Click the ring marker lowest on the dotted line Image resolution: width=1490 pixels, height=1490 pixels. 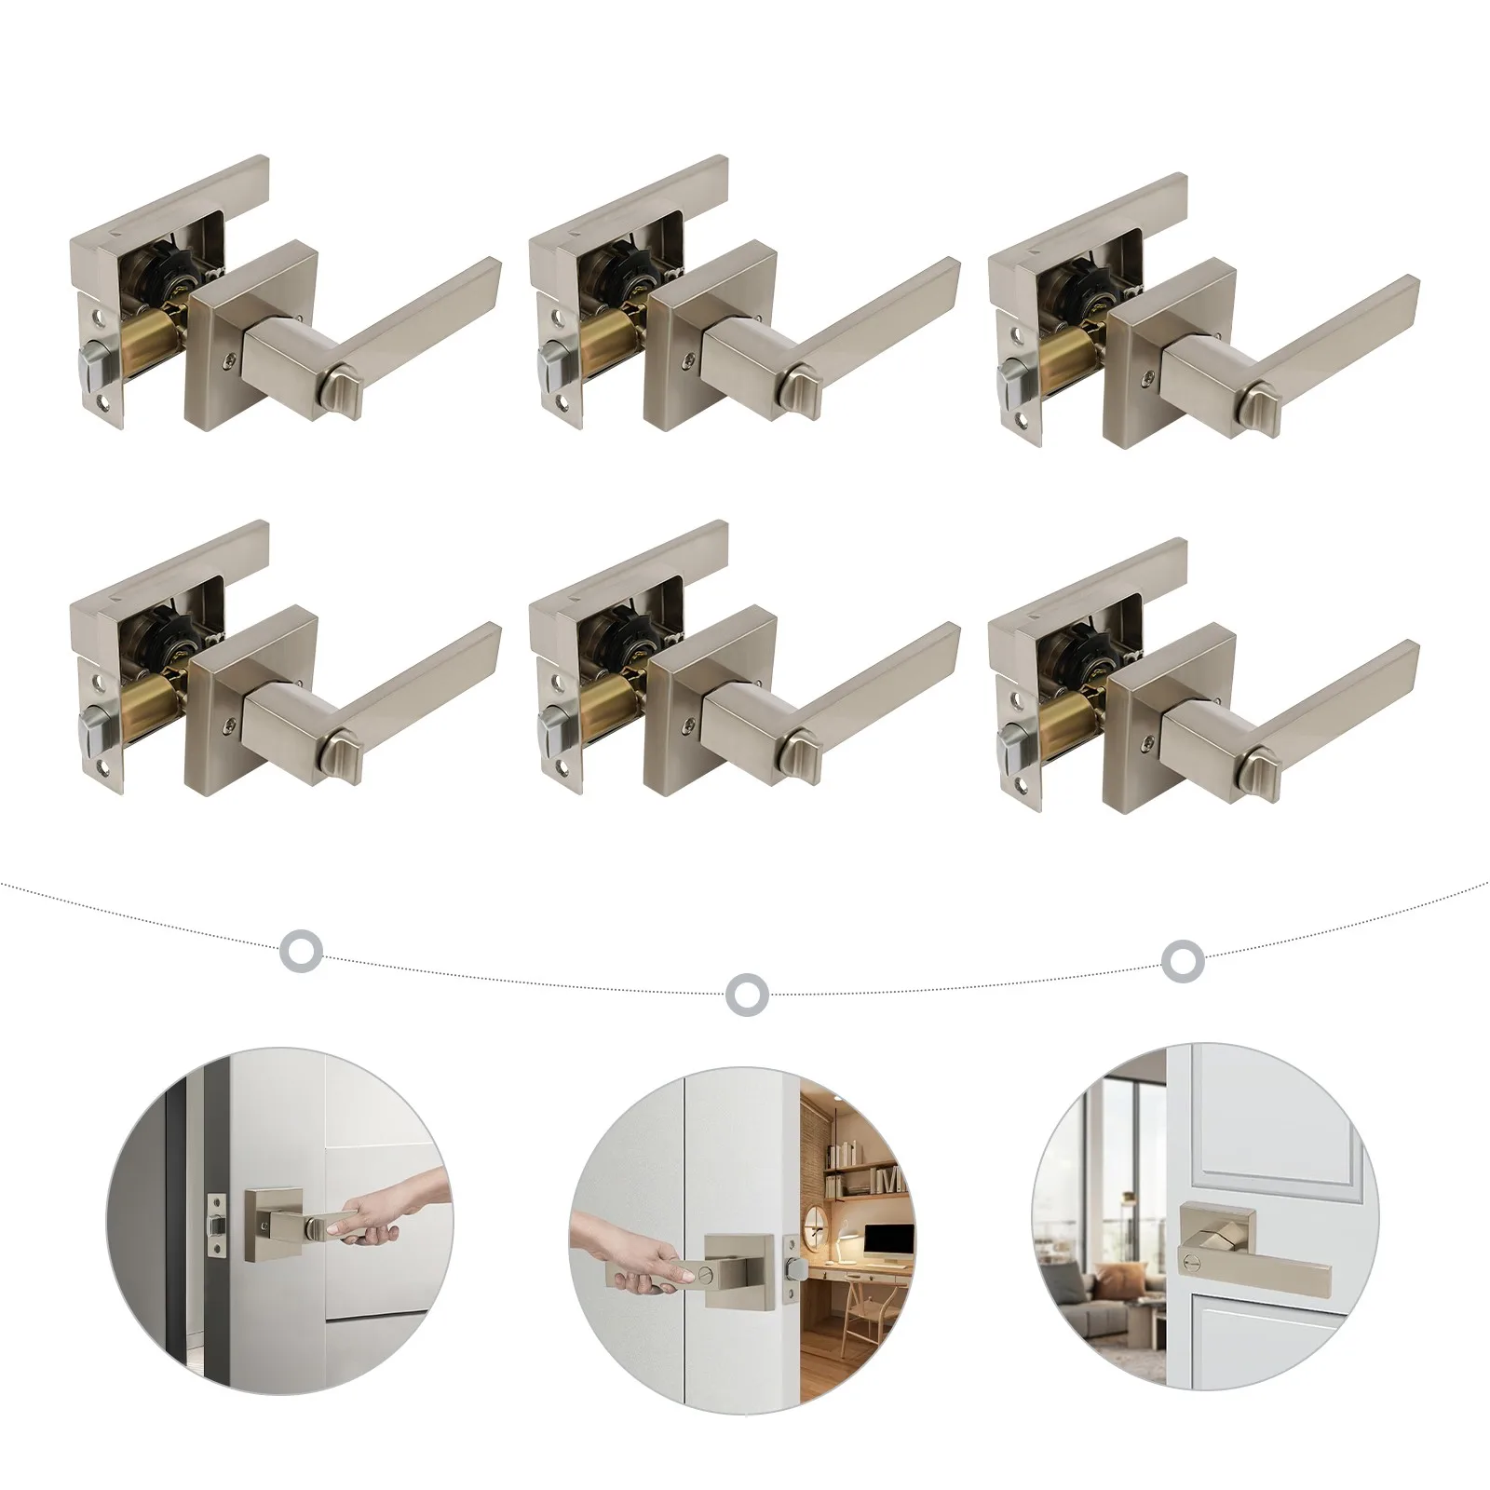pyautogui.click(x=745, y=994)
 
